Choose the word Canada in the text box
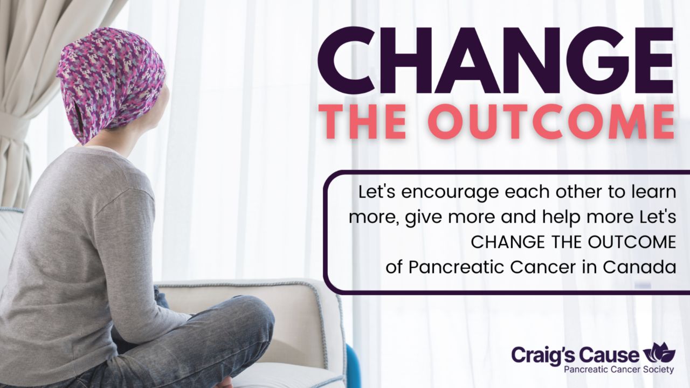point(639,267)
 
